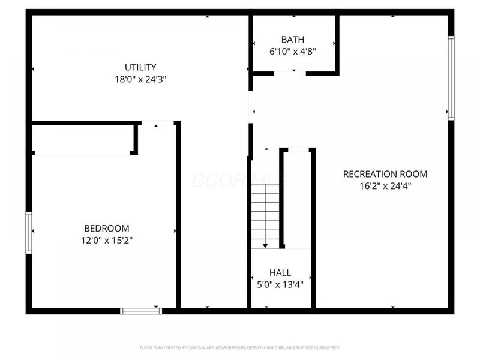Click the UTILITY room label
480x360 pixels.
[140, 67]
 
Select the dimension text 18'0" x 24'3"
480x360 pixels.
[140, 79]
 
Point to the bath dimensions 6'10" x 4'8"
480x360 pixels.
[293, 51]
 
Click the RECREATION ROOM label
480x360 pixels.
[385, 174]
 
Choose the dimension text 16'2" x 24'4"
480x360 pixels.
[385, 185]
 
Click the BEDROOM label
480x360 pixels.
[106, 228]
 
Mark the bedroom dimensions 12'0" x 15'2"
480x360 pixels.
[106, 240]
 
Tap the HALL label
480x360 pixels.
[280, 272]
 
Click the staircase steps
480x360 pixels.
[265, 213]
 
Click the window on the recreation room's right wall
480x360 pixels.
[451, 78]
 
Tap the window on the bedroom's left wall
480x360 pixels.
[28, 233]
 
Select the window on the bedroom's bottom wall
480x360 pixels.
[141, 311]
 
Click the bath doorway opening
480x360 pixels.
[289, 73]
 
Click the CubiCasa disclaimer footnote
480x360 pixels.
[240, 347]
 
